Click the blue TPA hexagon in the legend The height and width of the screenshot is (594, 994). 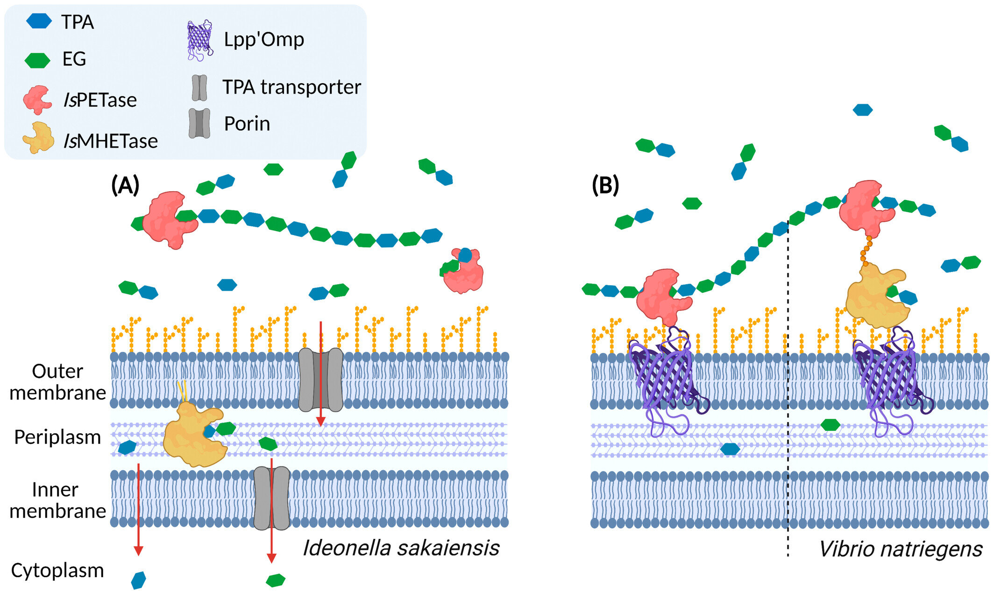click(x=39, y=21)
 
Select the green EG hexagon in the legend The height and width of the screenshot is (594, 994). click(x=37, y=60)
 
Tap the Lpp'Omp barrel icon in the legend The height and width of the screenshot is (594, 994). click(x=200, y=40)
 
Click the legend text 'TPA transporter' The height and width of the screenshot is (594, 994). click(x=291, y=87)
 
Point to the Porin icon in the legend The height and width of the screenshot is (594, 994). click(x=199, y=123)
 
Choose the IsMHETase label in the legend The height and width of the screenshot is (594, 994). click(x=111, y=141)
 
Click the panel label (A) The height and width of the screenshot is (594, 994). click(x=125, y=185)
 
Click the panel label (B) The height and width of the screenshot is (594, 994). click(x=605, y=185)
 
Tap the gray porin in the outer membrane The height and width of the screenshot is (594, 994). click(x=320, y=379)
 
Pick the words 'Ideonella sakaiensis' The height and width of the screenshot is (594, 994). click(x=401, y=548)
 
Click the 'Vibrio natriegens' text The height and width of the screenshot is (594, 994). click(x=900, y=549)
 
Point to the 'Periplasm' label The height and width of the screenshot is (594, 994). click(x=57, y=437)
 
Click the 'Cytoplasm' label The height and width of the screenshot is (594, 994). click(x=57, y=571)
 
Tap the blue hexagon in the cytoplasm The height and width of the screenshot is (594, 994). click(x=138, y=580)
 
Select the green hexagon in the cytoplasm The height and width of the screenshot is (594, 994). click(x=276, y=580)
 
